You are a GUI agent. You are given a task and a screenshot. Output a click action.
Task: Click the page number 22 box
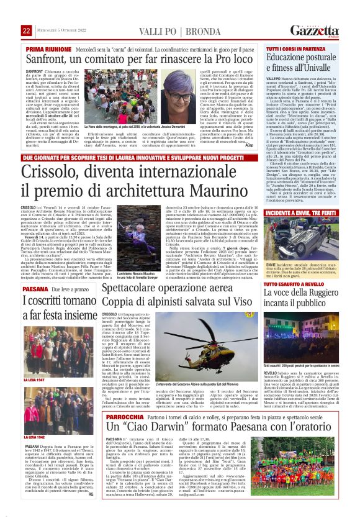(26, 30)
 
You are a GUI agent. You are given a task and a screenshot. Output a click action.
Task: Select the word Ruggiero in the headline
(323, 292)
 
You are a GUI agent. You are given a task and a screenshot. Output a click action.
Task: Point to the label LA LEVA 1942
(34, 437)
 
